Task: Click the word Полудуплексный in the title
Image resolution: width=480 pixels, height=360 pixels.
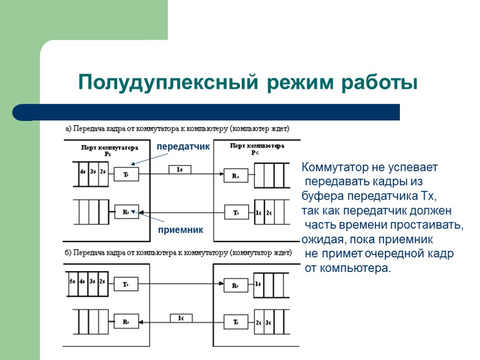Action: coord(168,82)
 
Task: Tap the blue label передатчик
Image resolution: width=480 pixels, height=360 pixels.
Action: coord(183,146)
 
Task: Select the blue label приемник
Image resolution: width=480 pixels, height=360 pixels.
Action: coord(180,230)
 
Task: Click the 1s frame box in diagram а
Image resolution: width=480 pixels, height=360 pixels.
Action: coord(180,170)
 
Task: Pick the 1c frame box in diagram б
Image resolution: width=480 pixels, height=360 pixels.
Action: coord(180,318)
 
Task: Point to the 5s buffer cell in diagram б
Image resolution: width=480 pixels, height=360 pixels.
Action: coord(72,284)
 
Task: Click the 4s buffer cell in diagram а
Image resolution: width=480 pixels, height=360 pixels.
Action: coord(82,173)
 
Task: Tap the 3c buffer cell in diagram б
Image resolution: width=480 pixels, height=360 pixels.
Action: coord(269,322)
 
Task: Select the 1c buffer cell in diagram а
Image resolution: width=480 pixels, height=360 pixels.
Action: coord(258,212)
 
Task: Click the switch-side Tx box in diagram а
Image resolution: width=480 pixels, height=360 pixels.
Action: coord(126,174)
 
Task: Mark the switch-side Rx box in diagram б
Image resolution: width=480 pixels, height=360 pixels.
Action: coord(126,322)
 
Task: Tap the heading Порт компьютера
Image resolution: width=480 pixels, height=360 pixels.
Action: coord(256,146)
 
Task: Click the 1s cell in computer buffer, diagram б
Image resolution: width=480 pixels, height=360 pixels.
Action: coord(258,284)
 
